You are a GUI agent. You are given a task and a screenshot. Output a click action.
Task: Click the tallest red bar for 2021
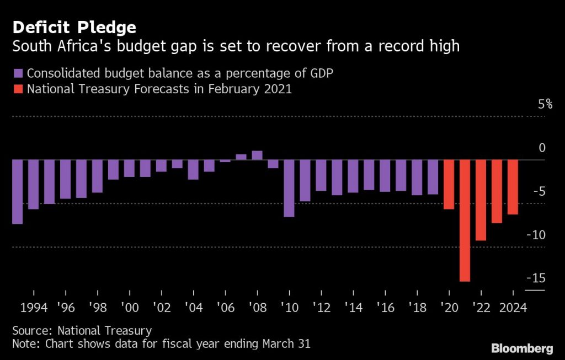465,221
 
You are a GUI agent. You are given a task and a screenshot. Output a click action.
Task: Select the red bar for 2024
513,187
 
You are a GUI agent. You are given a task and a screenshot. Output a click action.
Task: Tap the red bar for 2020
449,185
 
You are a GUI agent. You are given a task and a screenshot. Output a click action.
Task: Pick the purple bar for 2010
289,188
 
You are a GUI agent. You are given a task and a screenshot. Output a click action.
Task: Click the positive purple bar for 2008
257,155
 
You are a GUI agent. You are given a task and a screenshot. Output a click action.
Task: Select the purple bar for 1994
34,185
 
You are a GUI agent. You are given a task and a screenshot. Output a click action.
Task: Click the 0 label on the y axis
542,148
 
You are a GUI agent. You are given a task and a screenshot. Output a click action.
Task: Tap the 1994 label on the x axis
34,307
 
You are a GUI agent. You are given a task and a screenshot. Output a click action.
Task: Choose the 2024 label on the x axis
513,307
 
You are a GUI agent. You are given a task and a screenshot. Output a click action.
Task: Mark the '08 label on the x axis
257,307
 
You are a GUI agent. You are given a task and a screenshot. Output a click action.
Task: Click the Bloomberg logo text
521,348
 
